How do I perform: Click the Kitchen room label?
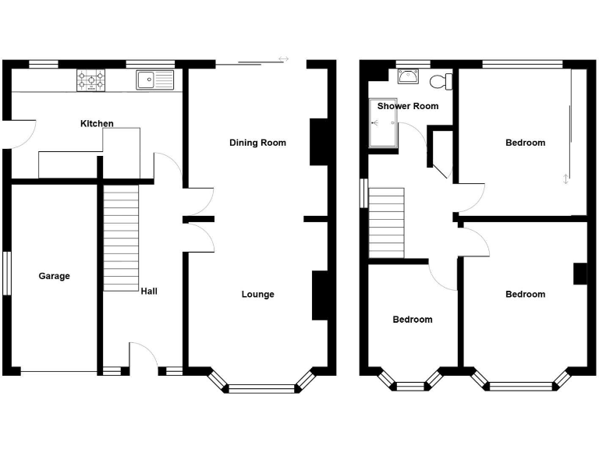coord(97,123)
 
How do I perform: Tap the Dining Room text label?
coord(257,143)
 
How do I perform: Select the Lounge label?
coord(257,294)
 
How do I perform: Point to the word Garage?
coord(54,276)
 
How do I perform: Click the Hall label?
coord(149,292)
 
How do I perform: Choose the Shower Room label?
coord(408,106)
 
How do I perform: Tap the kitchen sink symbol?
coord(155,79)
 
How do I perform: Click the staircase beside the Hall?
coord(120,239)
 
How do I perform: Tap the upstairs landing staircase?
coord(387,222)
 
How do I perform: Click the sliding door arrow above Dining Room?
coord(282,59)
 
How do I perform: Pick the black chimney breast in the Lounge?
coord(319,295)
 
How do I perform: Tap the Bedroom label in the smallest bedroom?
coord(412,320)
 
